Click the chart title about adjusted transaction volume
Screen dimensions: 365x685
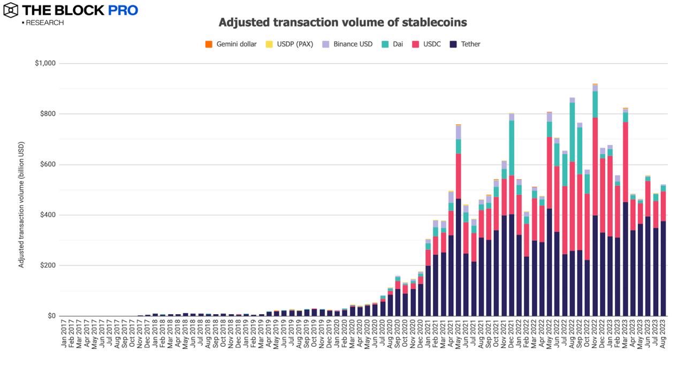coord(342,22)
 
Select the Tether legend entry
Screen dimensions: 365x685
coord(470,44)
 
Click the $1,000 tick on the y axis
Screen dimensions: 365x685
coord(45,64)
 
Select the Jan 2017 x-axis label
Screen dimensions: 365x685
coord(64,336)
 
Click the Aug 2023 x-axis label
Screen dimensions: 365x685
coord(664,336)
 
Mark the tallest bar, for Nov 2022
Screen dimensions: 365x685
coord(595,214)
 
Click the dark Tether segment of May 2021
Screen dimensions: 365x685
coord(459,257)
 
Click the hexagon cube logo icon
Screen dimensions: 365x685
coord(11,10)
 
